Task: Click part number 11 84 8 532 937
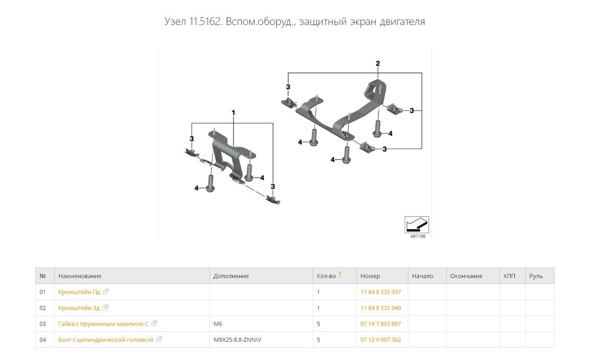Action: click(381, 292)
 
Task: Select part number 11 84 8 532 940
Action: click(381, 308)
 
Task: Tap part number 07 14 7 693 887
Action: click(381, 324)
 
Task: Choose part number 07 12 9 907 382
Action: click(381, 340)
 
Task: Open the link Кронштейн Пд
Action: click(79, 292)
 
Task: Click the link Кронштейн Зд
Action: click(79, 308)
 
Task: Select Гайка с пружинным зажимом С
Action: click(103, 324)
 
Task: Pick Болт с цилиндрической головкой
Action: click(106, 340)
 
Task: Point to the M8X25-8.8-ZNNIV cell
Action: click(237, 340)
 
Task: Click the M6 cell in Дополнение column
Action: click(218, 324)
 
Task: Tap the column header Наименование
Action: click(80, 276)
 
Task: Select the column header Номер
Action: click(370, 276)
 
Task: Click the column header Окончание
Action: click(466, 276)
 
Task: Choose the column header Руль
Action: click(536, 276)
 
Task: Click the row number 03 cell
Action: click(43, 324)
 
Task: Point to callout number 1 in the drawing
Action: click(234, 112)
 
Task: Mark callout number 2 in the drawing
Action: click(378, 64)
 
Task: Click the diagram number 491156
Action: click(417, 237)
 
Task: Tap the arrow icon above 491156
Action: click(417, 224)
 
